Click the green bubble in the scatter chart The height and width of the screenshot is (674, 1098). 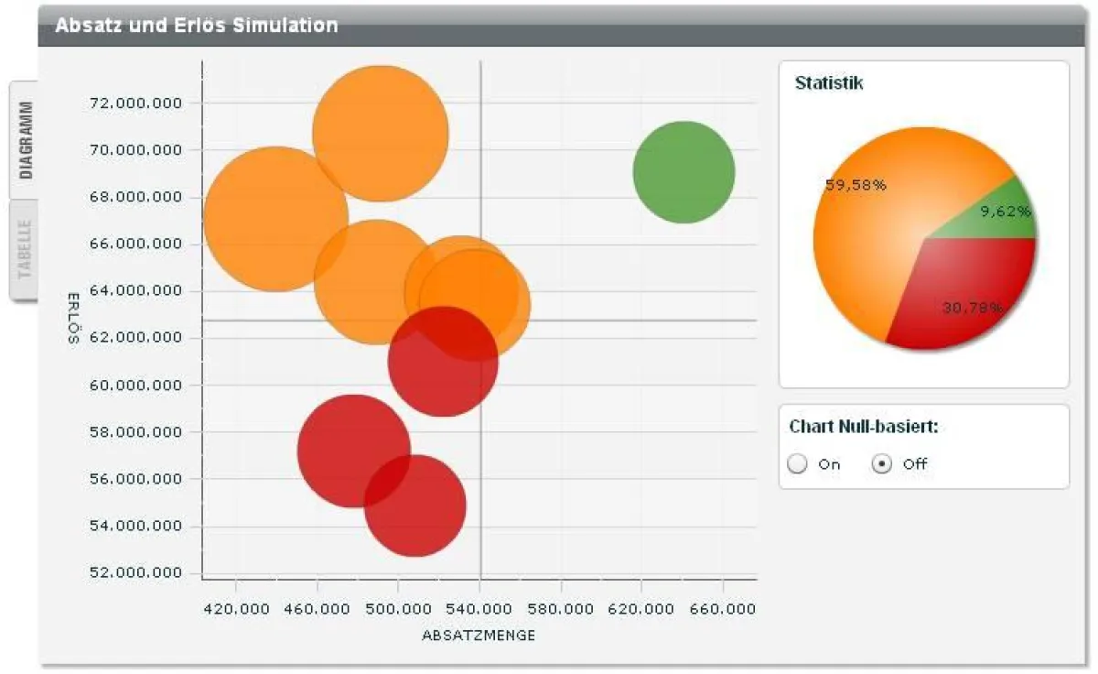tap(684, 171)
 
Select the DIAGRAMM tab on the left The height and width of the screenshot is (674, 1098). tap(25, 139)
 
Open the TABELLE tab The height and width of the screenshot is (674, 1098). tap(25, 248)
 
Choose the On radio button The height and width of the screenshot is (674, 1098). tap(798, 464)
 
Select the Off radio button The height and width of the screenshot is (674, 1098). tap(882, 464)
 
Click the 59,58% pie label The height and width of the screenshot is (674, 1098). tap(856, 185)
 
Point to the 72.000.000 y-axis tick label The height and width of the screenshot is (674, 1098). tap(136, 103)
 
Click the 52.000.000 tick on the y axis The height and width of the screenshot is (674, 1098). tap(136, 573)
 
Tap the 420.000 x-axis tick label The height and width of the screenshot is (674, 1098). tap(235, 608)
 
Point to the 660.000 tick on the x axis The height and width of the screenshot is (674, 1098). tap(723, 608)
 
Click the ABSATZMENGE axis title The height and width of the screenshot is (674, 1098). tap(479, 635)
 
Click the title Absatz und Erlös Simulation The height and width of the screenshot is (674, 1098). tap(196, 26)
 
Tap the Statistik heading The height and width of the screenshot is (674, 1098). tap(829, 83)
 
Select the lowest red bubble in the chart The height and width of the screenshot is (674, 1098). tap(415, 505)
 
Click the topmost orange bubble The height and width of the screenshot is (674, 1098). tap(380, 133)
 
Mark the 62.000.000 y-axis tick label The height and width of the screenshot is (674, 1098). tap(136, 338)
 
